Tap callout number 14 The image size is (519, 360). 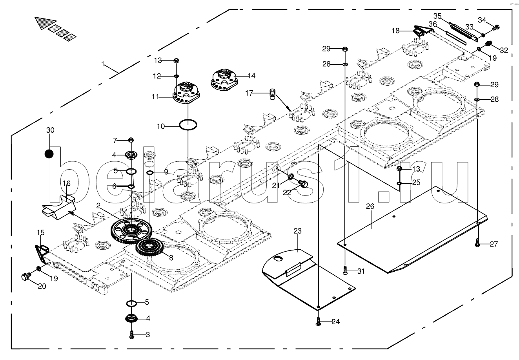[x=251, y=75]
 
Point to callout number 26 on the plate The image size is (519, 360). [x=370, y=206]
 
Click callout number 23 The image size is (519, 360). [x=297, y=231]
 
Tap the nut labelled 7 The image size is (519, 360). [x=131, y=140]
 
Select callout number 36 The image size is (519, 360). [x=433, y=24]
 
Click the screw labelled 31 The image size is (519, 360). [x=345, y=271]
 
